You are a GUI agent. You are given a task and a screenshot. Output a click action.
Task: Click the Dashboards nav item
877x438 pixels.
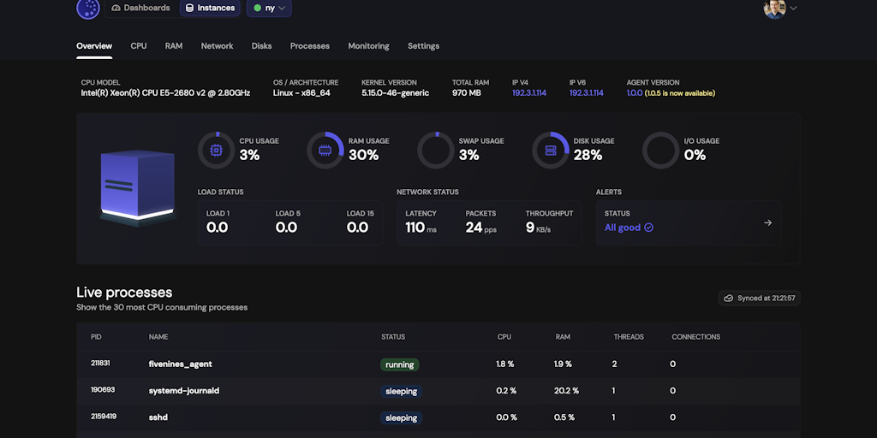140,9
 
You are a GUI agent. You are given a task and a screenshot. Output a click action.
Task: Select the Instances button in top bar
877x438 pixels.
210,9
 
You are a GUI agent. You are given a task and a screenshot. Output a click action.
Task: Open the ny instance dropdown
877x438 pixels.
270,9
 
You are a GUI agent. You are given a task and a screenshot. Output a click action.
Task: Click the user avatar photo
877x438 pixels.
774,9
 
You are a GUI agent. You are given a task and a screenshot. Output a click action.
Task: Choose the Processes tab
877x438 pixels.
310,46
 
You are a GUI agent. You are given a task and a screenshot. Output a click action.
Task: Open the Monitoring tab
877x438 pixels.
368,46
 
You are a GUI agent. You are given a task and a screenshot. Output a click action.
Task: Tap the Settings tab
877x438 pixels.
423,46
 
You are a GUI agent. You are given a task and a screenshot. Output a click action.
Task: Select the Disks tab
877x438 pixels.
261,46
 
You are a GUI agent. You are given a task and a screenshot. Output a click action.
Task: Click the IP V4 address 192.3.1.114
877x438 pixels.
529,93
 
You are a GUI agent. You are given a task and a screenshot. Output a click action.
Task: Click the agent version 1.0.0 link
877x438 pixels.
635,93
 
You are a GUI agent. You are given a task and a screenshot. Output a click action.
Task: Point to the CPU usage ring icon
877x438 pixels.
216,150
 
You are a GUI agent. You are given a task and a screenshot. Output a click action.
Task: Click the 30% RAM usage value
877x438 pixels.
363,155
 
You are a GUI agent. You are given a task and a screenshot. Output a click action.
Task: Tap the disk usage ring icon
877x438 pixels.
551,150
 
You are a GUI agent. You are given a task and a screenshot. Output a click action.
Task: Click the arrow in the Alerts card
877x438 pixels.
767,223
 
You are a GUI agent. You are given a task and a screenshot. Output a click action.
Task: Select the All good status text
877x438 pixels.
623,228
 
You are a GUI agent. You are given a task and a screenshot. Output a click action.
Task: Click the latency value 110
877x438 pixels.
415,228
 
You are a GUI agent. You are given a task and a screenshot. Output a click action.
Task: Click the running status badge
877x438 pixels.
400,364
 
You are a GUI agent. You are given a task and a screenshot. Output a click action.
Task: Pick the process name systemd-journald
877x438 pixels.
184,391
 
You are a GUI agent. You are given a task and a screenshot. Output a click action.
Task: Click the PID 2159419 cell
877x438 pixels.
104,417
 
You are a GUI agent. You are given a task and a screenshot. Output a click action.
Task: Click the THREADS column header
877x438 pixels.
629,337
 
